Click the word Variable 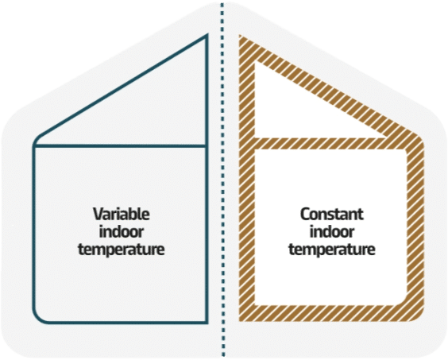coord(122,214)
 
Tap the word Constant coord(332,214)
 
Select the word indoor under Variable coord(122,231)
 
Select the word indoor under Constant coord(332,231)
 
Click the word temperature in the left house coord(122,250)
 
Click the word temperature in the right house coord(332,250)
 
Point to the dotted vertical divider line coord(223,180)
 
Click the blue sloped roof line coord(122,87)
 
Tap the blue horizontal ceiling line coord(120,146)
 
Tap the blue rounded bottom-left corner coord(39,317)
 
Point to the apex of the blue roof coord(207,35)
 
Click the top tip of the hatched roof coord(240,36)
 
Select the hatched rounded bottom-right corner coord(415,312)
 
